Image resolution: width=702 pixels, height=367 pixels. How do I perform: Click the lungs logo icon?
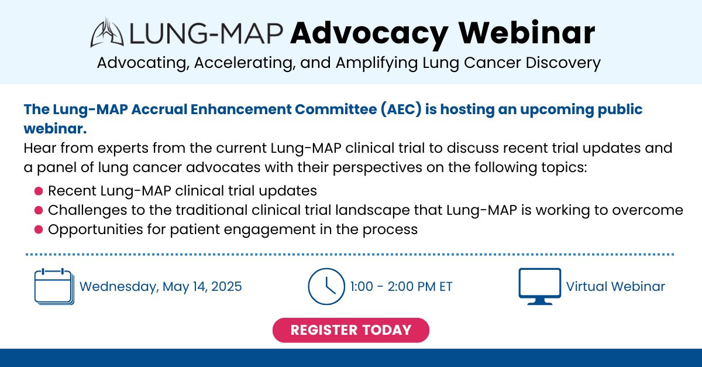(107, 33)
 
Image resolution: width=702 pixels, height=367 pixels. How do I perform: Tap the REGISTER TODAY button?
(350, 330)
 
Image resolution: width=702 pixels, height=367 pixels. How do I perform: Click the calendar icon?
(54, 286)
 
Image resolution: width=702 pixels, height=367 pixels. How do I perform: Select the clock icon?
(326, 286)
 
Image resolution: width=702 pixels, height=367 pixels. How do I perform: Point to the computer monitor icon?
(539, 286)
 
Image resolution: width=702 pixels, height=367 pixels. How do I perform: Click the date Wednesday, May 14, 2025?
(161, 287)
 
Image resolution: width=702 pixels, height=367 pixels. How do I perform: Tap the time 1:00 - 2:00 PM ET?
(401, 287)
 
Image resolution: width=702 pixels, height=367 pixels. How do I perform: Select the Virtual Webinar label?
(615, 287)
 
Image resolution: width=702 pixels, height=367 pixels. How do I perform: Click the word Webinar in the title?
(527, 33)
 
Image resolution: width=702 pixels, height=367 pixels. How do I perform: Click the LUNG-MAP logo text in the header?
(206, 33)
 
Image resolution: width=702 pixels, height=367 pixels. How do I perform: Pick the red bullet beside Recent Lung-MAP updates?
(39, 191)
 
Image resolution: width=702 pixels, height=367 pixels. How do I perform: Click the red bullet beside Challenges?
(39, 210)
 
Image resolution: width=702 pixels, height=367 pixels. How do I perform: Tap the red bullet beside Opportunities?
(39, 229)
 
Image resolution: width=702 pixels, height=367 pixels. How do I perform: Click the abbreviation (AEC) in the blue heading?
(401, 109)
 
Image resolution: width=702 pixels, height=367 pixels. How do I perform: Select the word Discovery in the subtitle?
(563, 63)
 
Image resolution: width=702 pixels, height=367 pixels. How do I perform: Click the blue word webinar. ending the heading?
(55, 129)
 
